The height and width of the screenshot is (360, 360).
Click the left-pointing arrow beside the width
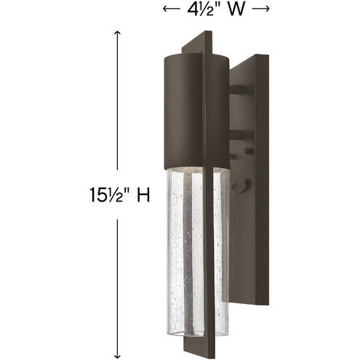169,9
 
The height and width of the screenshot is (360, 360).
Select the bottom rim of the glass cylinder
191,301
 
